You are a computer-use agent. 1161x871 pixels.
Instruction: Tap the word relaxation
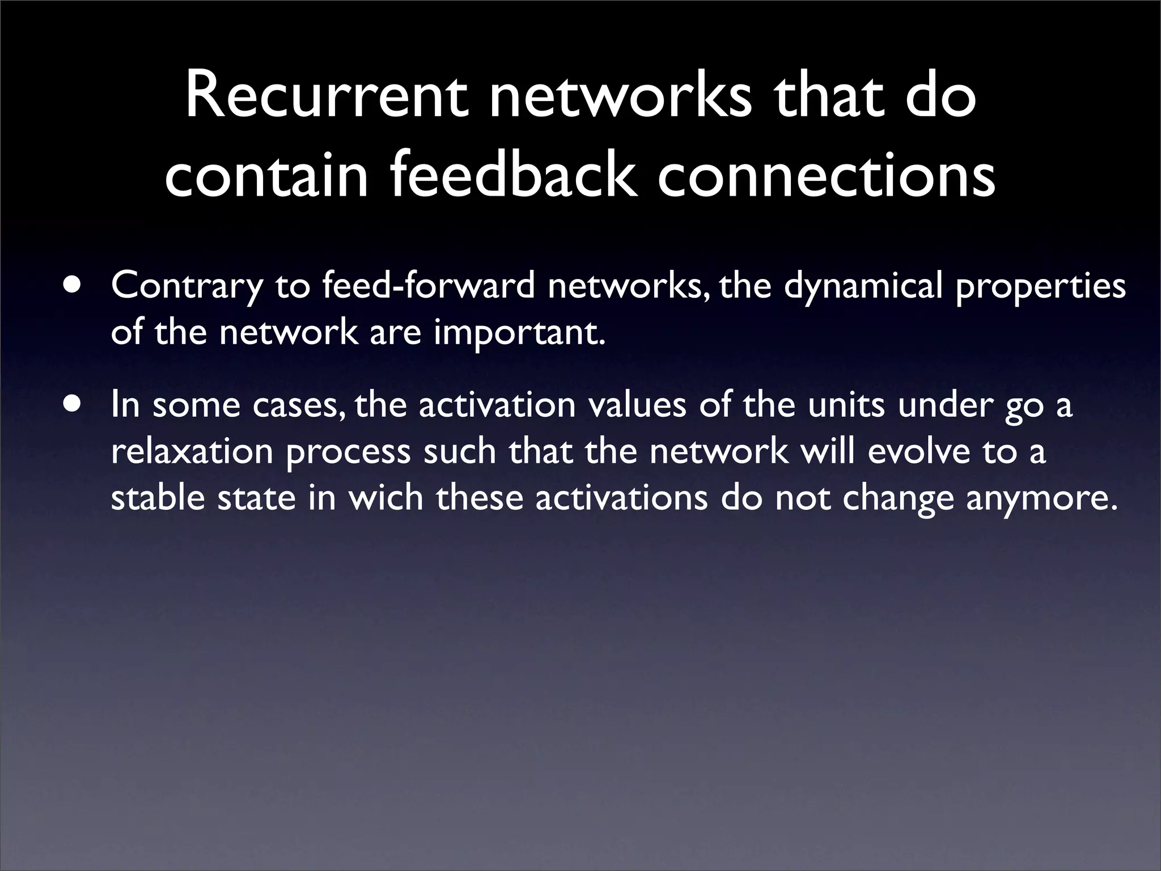[x=192, y=452]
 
